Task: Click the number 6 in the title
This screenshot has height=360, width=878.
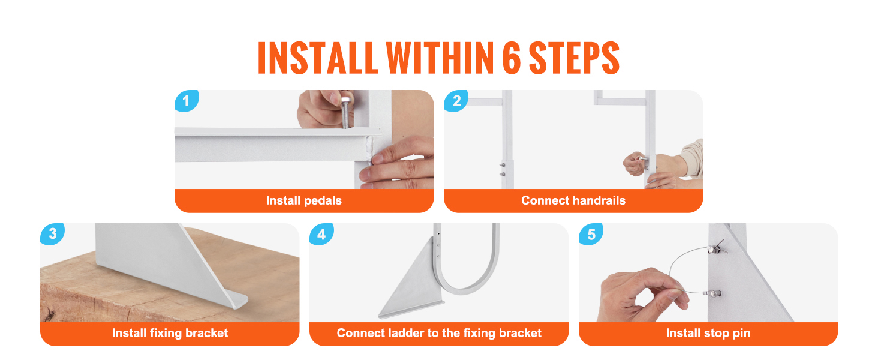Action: click(512, 58)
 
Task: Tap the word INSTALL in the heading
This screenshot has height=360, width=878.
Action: click(317, 58)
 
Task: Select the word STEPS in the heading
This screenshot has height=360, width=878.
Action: click(574, 58)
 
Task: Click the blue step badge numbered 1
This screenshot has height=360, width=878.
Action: click(186, 101)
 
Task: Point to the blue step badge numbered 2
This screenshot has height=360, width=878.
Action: click(456, 101)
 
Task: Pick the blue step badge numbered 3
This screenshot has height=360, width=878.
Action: click(52, 234)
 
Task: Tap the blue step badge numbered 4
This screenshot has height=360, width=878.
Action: click(321, 234)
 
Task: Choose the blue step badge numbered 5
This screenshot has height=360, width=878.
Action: click(591, 234)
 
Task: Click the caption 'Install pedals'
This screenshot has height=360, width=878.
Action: click(304, 200)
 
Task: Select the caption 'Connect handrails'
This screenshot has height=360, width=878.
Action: click(573, 200)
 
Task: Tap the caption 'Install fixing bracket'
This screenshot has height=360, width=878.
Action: click(170, 333)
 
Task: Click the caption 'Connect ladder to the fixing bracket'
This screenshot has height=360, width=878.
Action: click(439, 333)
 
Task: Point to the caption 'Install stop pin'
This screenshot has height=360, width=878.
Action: click(708, 333)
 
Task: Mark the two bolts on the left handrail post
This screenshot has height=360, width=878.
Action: click(502, 169)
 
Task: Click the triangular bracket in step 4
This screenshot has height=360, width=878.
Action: click(411, 280)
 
